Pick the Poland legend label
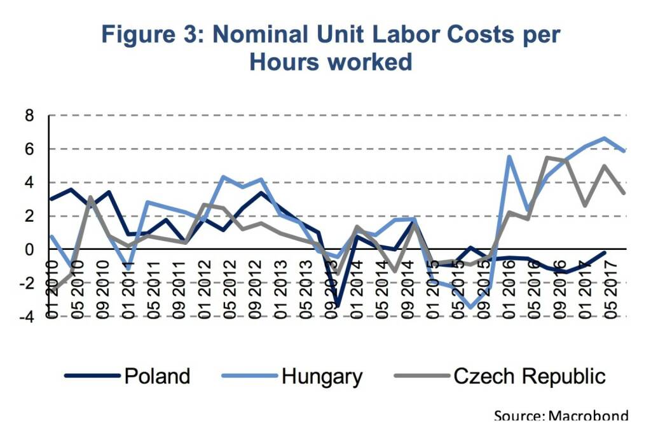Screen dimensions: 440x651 coord(157,376)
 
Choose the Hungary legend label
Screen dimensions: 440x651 coord(322,376)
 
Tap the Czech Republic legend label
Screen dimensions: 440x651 coord(529,376)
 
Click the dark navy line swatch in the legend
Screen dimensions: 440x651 coord(93,376)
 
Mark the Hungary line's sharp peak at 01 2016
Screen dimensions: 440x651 coord(509,156)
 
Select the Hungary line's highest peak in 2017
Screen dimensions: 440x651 coord(605,138)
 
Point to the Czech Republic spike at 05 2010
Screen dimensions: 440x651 coord(91,197)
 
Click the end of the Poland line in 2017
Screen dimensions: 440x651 coord(604,252)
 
